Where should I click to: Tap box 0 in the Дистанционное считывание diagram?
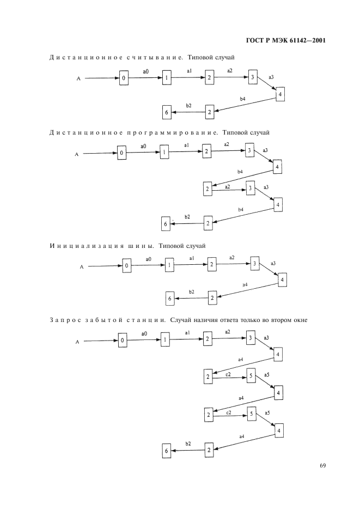[x=124, y=79]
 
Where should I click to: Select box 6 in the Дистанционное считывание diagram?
[x=166, y=113]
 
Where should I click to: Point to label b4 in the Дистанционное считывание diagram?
[x=242, y=99]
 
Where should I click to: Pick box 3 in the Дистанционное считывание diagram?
[x=253, y=77]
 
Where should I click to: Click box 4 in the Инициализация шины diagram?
[x=282, y=280]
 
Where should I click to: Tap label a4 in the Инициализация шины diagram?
[x=245, y=284]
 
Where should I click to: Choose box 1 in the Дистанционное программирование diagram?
[x=164, y=152]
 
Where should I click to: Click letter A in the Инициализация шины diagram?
[x=82, y=267]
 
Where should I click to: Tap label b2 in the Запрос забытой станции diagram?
[x=188, y=444]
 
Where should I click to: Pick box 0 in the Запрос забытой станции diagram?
[x=123, y=341]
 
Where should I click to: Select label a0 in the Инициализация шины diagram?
[x=148, y=259]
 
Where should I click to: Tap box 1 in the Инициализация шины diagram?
[x=169, y=265]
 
